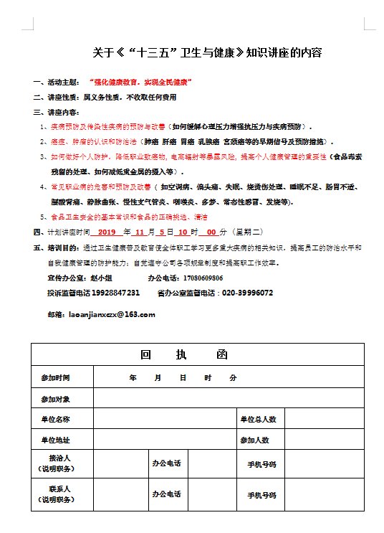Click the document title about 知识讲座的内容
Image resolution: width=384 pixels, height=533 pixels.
click(207, 52)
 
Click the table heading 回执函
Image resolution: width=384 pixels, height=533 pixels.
click(185, 355)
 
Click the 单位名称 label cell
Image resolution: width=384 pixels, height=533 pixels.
click(56, 419)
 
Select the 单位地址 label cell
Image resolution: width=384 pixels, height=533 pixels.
click(56, 440)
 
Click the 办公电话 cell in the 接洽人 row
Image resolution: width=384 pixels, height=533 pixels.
click(166, 463)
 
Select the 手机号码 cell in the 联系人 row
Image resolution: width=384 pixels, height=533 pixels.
click(261, 495)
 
